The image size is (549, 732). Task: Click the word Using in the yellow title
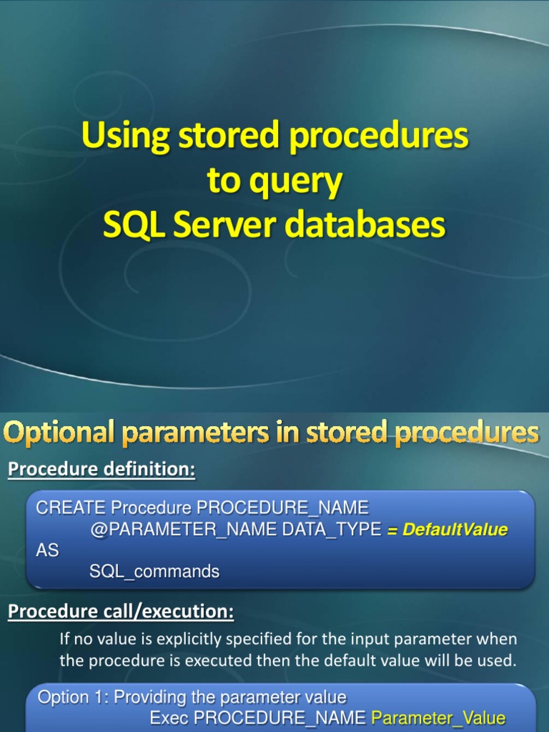[x=125, y=136]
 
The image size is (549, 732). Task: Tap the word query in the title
[x=295, y=182]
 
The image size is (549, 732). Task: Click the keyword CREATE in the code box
[x=71, y=508]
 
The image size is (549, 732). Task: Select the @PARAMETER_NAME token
[x=183, y=530]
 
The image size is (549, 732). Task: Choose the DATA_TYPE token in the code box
[x=332, y=529]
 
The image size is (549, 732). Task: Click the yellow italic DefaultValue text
[x=455, y=530]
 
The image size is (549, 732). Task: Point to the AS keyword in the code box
[x=47, y=550]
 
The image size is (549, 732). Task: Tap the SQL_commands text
[x=154, y=571]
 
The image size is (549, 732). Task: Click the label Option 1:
[x=74, y=697]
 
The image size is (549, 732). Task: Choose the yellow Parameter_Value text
[x=438, y=718]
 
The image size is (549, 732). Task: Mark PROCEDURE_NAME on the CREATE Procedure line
[x=282, y=508]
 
